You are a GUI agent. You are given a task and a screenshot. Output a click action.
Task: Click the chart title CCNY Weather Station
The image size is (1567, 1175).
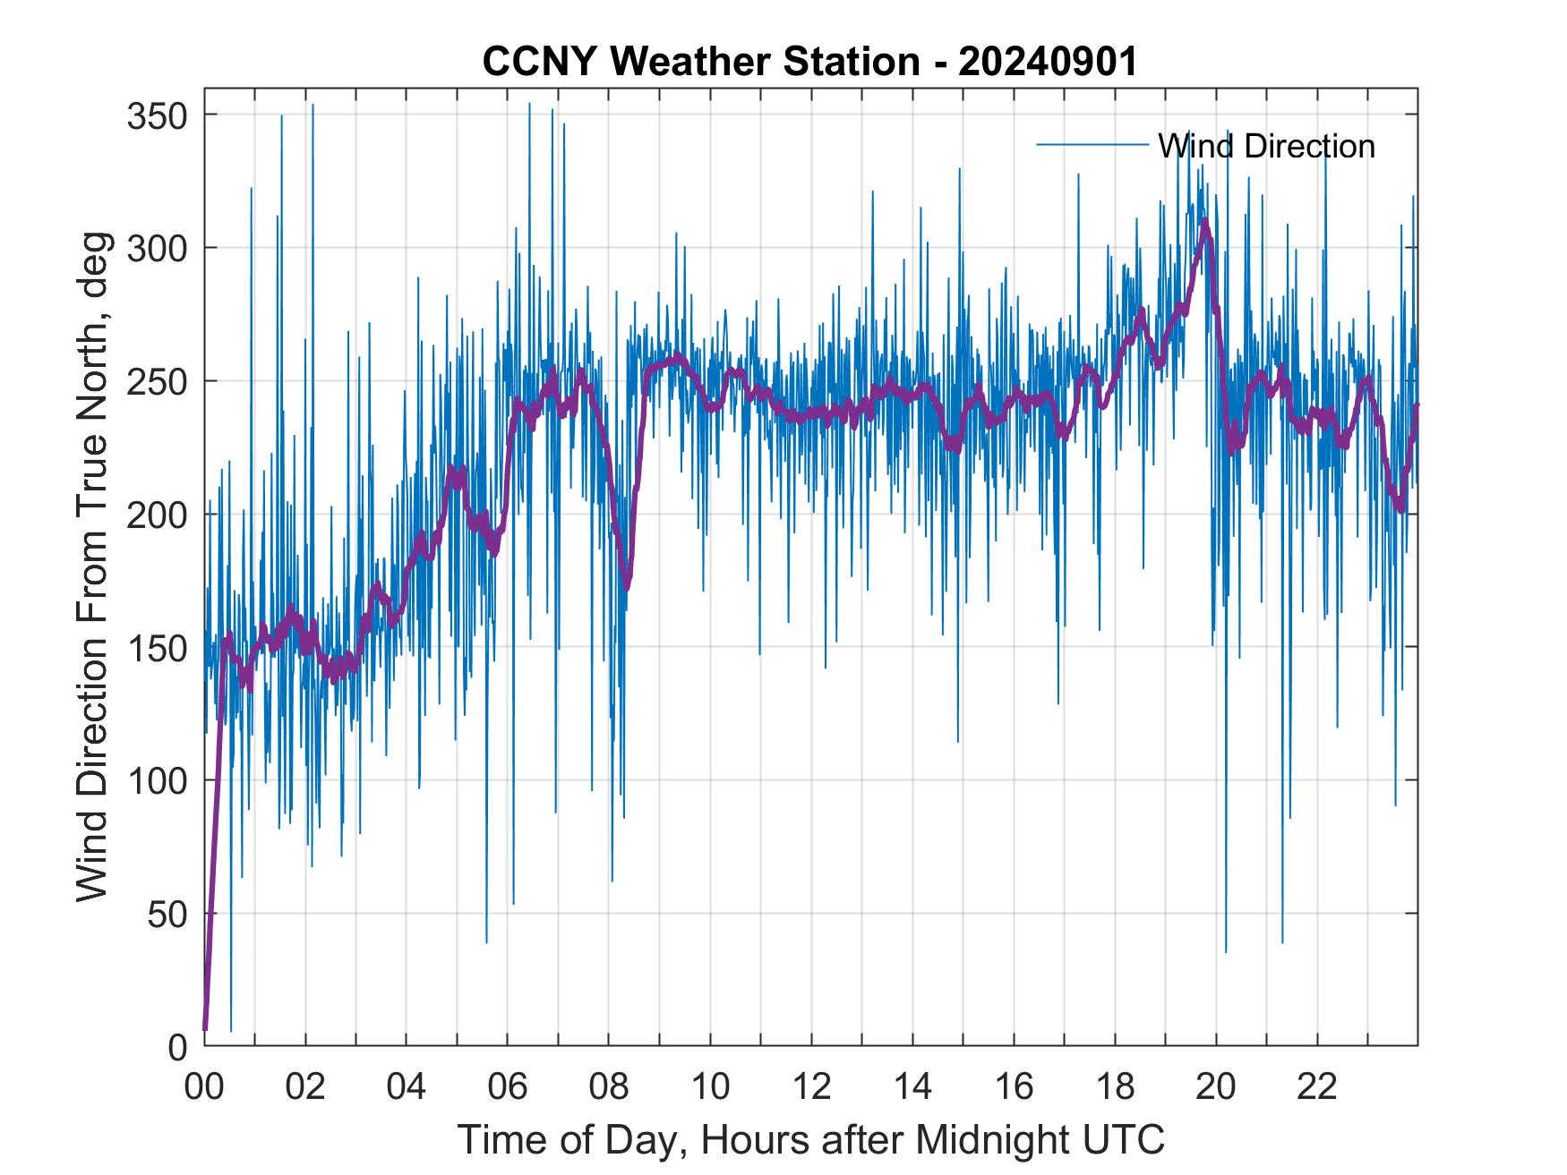pos(809,62)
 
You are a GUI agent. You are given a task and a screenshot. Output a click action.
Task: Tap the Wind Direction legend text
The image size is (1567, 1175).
pos(1265,146)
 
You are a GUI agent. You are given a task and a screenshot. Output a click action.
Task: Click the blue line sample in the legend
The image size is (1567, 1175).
pos(1092,145)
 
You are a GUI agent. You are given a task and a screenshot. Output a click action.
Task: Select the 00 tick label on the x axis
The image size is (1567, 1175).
pos(204,1088)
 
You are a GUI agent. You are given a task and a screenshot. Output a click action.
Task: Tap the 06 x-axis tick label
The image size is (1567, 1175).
pos(508,1088)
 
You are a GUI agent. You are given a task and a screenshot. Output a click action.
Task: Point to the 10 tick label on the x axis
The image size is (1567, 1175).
pos(710,1088)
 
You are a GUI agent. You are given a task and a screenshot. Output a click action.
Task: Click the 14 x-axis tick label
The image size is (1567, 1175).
pos(912,1088)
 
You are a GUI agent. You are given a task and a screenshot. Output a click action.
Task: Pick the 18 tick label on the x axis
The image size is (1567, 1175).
pos(1115,1088)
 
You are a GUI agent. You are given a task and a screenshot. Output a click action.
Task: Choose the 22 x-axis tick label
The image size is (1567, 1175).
pos(1317,1088)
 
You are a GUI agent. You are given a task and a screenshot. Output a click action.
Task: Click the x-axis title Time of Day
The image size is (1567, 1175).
pos(811,1139)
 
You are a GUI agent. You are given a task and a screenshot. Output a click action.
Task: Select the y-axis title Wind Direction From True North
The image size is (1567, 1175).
pos(92,566)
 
